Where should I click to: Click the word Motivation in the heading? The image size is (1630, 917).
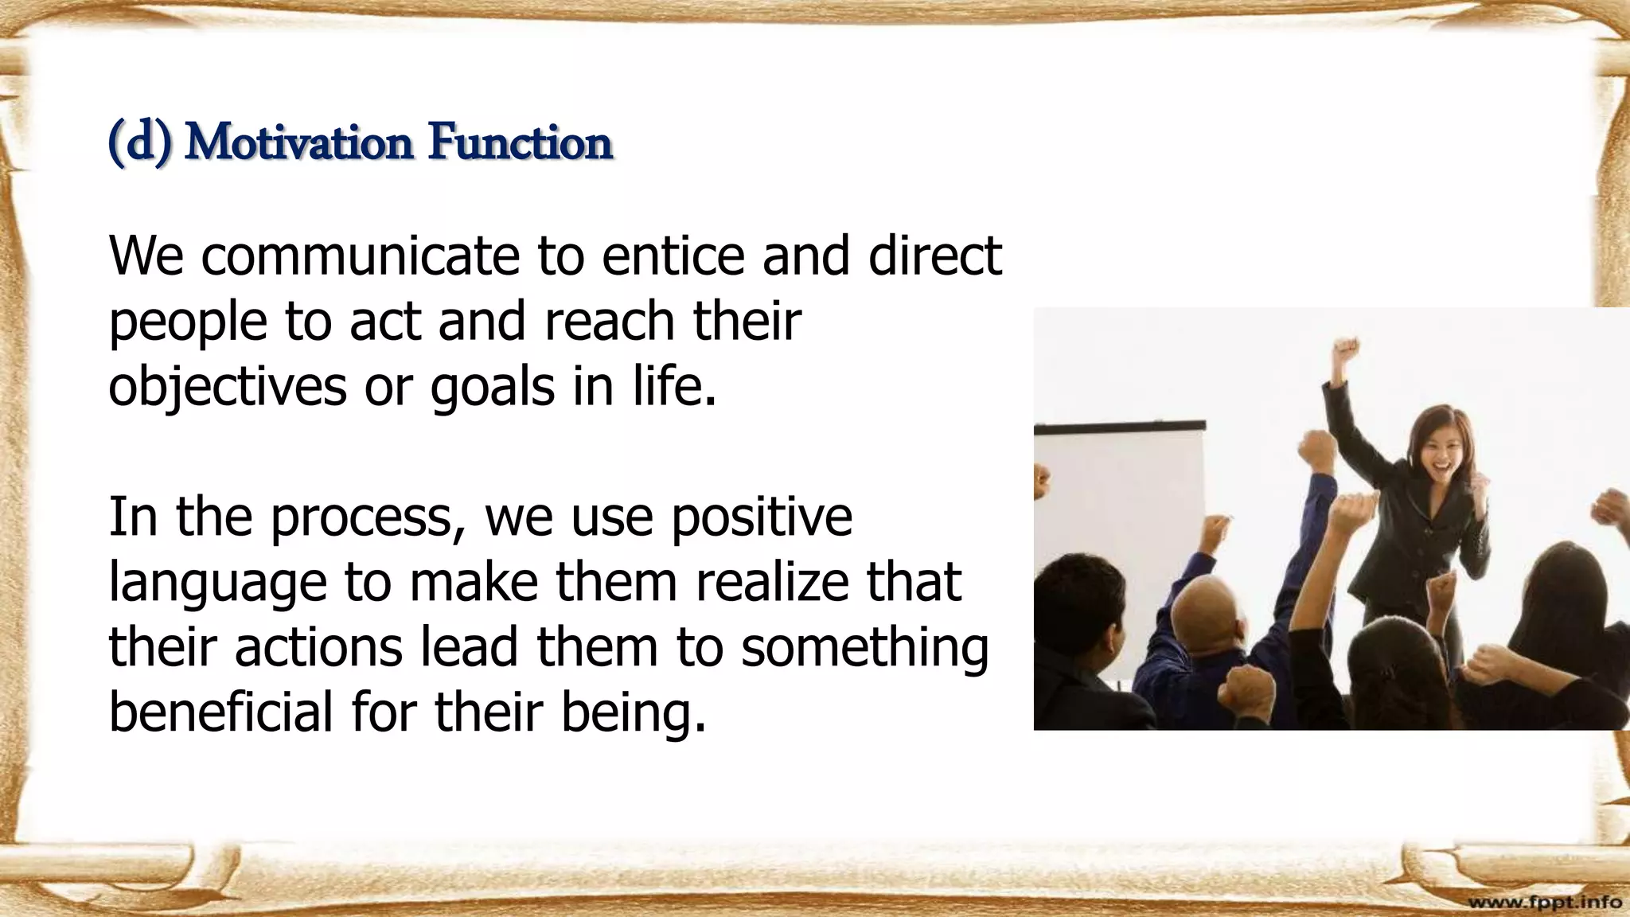coord(298,143)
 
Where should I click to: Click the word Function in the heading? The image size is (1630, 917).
coord(520,143)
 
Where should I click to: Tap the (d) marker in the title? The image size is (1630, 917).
coord(139,143)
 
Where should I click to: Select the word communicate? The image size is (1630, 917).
coord(360,256)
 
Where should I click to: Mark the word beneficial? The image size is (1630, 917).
coord(220,712)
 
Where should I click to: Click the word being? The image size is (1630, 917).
coord(634,713)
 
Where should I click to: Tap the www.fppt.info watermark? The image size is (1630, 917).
coord(1544,902)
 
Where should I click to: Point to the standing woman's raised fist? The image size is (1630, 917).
coord(1345,350)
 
